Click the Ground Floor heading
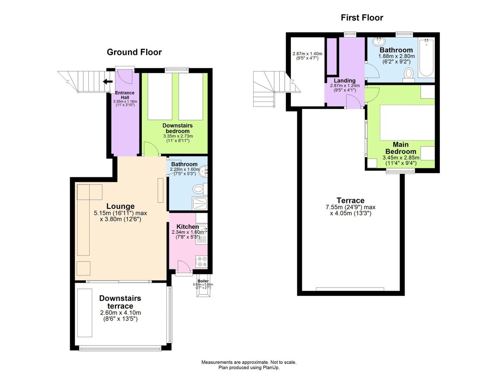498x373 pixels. tap(134, 52)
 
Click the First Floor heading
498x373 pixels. tap(362, 17)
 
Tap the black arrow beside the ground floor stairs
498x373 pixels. tap(108, 82)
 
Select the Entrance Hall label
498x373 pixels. tap(125, 95)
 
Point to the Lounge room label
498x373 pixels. tap(120, 206)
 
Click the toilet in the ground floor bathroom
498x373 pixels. tap(200, 189)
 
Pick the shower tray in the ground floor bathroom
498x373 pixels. tap(200, 203)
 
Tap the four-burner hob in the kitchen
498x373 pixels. tap(201, 262)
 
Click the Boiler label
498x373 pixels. tap(203, 281)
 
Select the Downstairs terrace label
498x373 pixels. tap(120, 302)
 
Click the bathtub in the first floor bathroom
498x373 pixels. tap(426, 58)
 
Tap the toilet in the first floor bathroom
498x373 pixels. tap(409, 74)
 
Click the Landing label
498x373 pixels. tap(344, 80)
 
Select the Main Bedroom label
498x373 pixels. tap(400, 148)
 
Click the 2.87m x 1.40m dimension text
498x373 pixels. tap(307, 54)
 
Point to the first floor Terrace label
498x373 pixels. tap(351, 200)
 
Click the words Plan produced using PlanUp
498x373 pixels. tap(249, 367)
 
